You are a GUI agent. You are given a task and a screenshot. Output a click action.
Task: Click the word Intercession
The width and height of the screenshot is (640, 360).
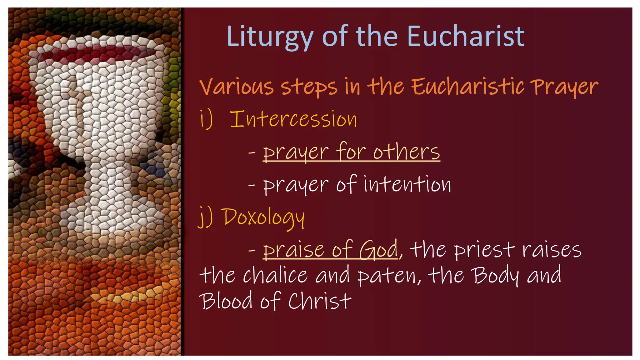(x=293, y=119)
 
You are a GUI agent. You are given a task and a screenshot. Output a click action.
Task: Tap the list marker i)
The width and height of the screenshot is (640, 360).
(x=206, y=119)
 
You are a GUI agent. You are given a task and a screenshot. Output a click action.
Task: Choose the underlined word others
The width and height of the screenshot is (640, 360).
(x=406, y=152)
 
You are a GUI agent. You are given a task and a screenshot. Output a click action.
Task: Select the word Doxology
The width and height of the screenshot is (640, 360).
(x=264, y=217)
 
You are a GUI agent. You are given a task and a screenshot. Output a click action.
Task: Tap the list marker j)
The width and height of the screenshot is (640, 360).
(x=206, y=217)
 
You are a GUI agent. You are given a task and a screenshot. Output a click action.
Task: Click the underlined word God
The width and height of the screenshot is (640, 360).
(x=378, y=250)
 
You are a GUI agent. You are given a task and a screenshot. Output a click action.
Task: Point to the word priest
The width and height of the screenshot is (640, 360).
(x=484, y=250)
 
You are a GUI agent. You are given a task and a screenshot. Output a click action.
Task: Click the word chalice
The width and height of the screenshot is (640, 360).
(x=275, y=275)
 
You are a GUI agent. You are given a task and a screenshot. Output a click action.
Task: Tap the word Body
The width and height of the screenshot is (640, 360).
(x=495, y=275)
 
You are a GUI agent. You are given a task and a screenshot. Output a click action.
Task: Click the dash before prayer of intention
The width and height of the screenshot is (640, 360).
(x=251, y=185)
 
